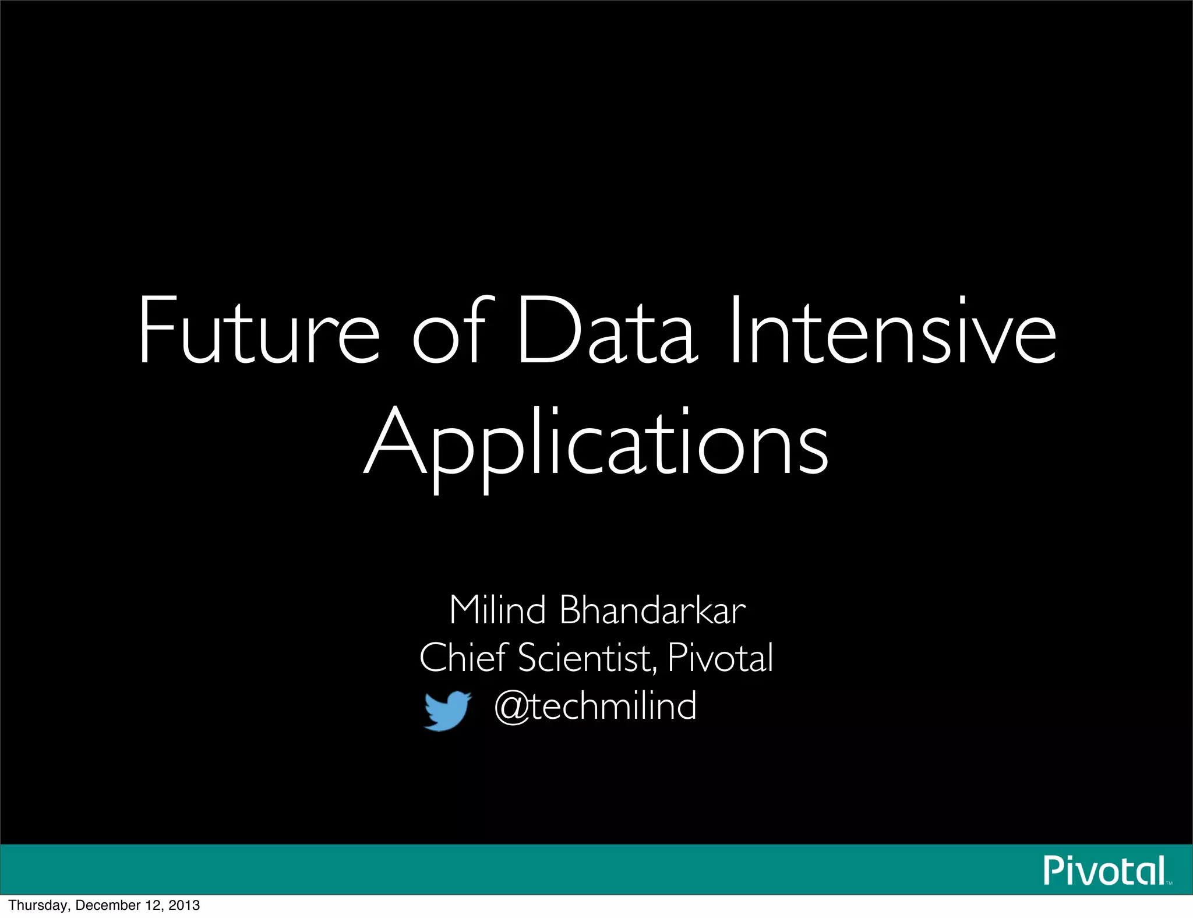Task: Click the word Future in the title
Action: click(x=259, y=331)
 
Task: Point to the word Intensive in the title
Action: click(x=892, y=331)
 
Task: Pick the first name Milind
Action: click(x=497, y=610)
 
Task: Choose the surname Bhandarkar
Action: click(x=652, y=610)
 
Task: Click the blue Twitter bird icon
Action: click(x=447, y=710)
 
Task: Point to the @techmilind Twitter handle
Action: click(x=595, y=706)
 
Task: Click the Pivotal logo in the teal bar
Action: click(x=1104, y=871)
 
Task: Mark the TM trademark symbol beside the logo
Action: click(x=1169, y=883)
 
